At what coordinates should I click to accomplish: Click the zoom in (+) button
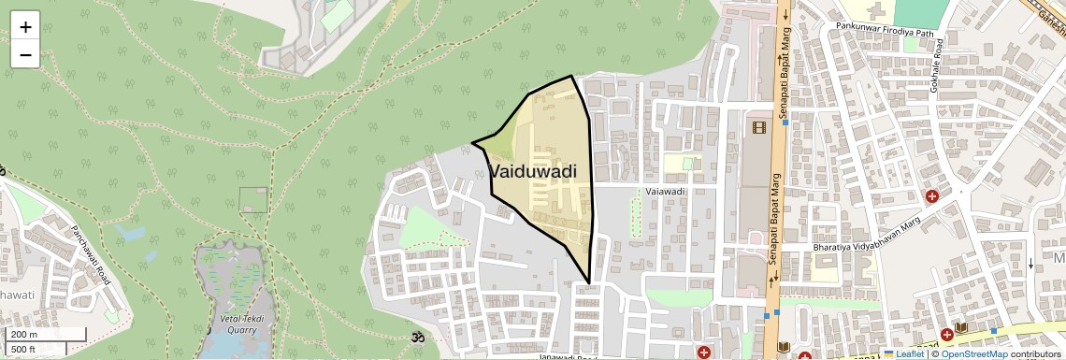point(25,27)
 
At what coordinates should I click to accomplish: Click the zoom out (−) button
point(25,54)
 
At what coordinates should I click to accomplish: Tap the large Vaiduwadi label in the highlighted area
point(533,172)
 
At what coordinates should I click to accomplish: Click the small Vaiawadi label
point(666,192)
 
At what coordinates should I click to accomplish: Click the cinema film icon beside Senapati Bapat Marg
point(758,127)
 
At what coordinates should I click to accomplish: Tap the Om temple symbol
point(417,336)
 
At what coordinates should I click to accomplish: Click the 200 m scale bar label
point(24,335)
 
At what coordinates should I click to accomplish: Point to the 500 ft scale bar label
point(24,350)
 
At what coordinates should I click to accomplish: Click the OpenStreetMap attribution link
point(973,353)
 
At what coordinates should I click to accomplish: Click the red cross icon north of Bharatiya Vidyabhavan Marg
point(932,196)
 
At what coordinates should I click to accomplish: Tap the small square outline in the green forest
point(252,199)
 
